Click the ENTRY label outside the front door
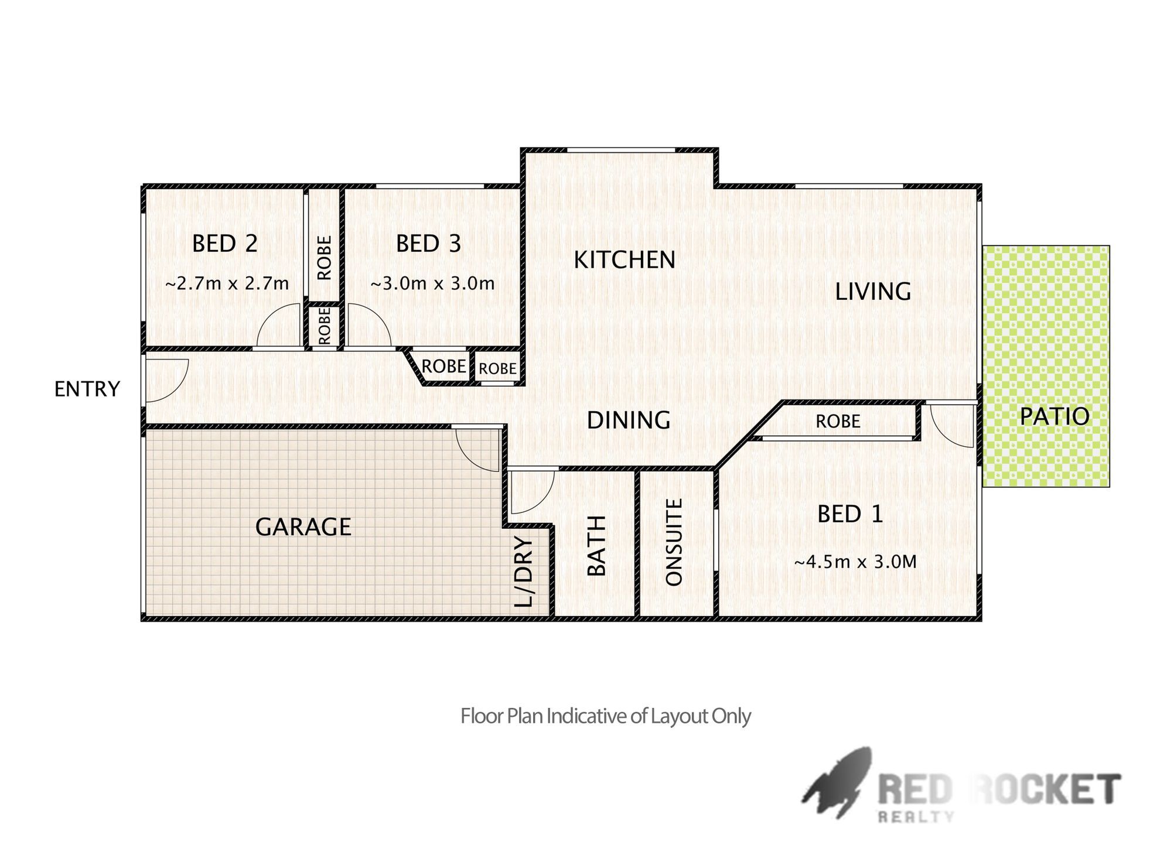(x=87, y=389)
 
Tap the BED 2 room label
(x=225, y=244)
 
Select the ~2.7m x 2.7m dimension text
(x=227, y=283)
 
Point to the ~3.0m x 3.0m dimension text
(x=432, y=283)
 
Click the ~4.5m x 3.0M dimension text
(x=855, y=562)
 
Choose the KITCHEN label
(x=625, y=260)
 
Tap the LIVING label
(x=873, y=292)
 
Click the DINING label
(x=629, y=420)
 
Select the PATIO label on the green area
(x=1055, y=416)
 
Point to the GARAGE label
(x=303, y=527)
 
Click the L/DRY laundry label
(x=524, y=571)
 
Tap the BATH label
(x=596, y=546)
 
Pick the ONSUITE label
(x=674, y=542)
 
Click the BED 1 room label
(x=850, y=514)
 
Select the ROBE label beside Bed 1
(x=838, y=421)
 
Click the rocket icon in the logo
(x=837, y=782)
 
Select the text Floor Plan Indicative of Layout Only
(x=605, y=716)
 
